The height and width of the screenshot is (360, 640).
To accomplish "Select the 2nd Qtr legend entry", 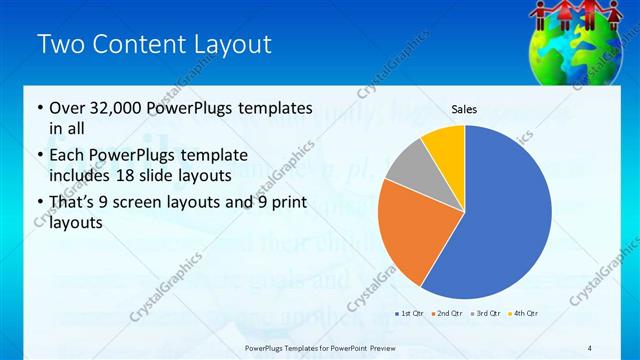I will [x=447, y=314].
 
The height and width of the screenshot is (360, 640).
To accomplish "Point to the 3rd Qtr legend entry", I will [x=485, y=314].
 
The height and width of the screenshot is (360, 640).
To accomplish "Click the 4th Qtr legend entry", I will [x=523, y=314].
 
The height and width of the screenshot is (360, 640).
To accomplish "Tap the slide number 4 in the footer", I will [x=590, y=347].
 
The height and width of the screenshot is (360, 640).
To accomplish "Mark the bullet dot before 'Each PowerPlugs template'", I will [x=39, y=156].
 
